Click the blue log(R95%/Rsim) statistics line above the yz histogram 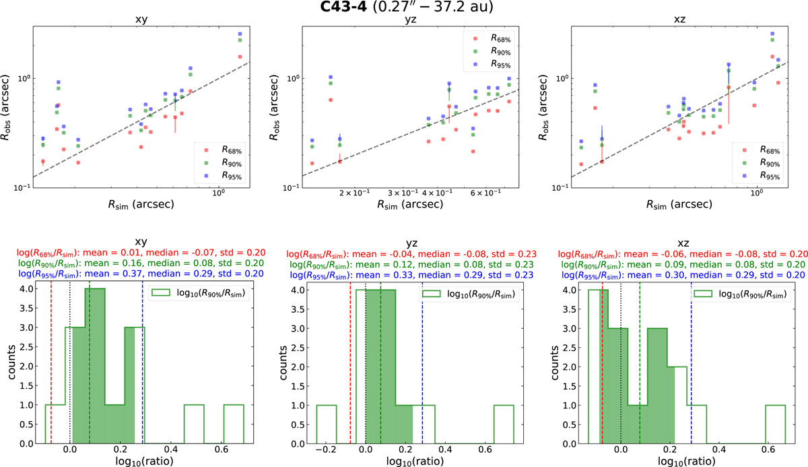pos(404,276)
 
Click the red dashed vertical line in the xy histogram pos(52,364)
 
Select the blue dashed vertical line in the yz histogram pos(422,364)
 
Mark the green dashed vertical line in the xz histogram pos(640,364)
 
